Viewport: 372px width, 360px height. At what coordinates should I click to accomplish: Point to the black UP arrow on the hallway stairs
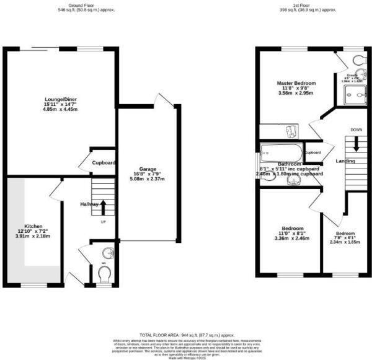click(x=103, y=206)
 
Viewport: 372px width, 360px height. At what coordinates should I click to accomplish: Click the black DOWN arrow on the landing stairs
click(x=356, y=144)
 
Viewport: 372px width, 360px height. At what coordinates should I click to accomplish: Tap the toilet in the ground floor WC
click(x=104, y=274)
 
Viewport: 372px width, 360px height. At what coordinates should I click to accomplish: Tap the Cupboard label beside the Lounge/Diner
click(x=104, y=163)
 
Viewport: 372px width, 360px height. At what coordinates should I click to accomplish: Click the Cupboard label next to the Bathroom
click(x=312, y=152)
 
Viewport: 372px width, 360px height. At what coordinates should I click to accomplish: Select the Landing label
click(x=345, y=161)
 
